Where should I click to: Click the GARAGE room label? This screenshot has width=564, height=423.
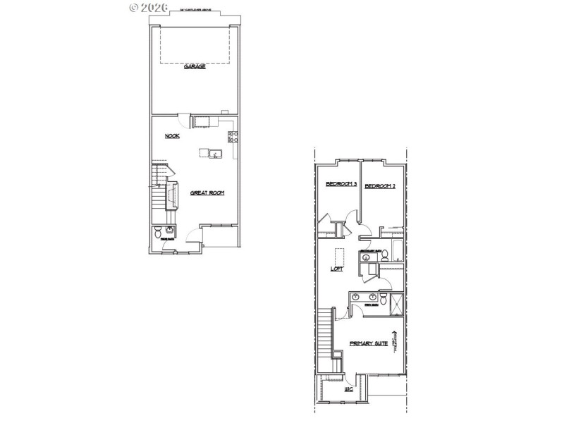click(195, 66)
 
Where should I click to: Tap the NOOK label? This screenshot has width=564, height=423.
click(172, 136)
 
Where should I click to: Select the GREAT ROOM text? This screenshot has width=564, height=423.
click(207, 192)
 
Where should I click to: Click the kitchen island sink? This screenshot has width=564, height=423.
click(214, 153)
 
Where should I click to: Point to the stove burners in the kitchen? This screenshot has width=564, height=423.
click(231, 136)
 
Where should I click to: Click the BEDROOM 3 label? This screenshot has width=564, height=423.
click(341, 185)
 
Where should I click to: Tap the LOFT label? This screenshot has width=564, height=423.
click(337, 269)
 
